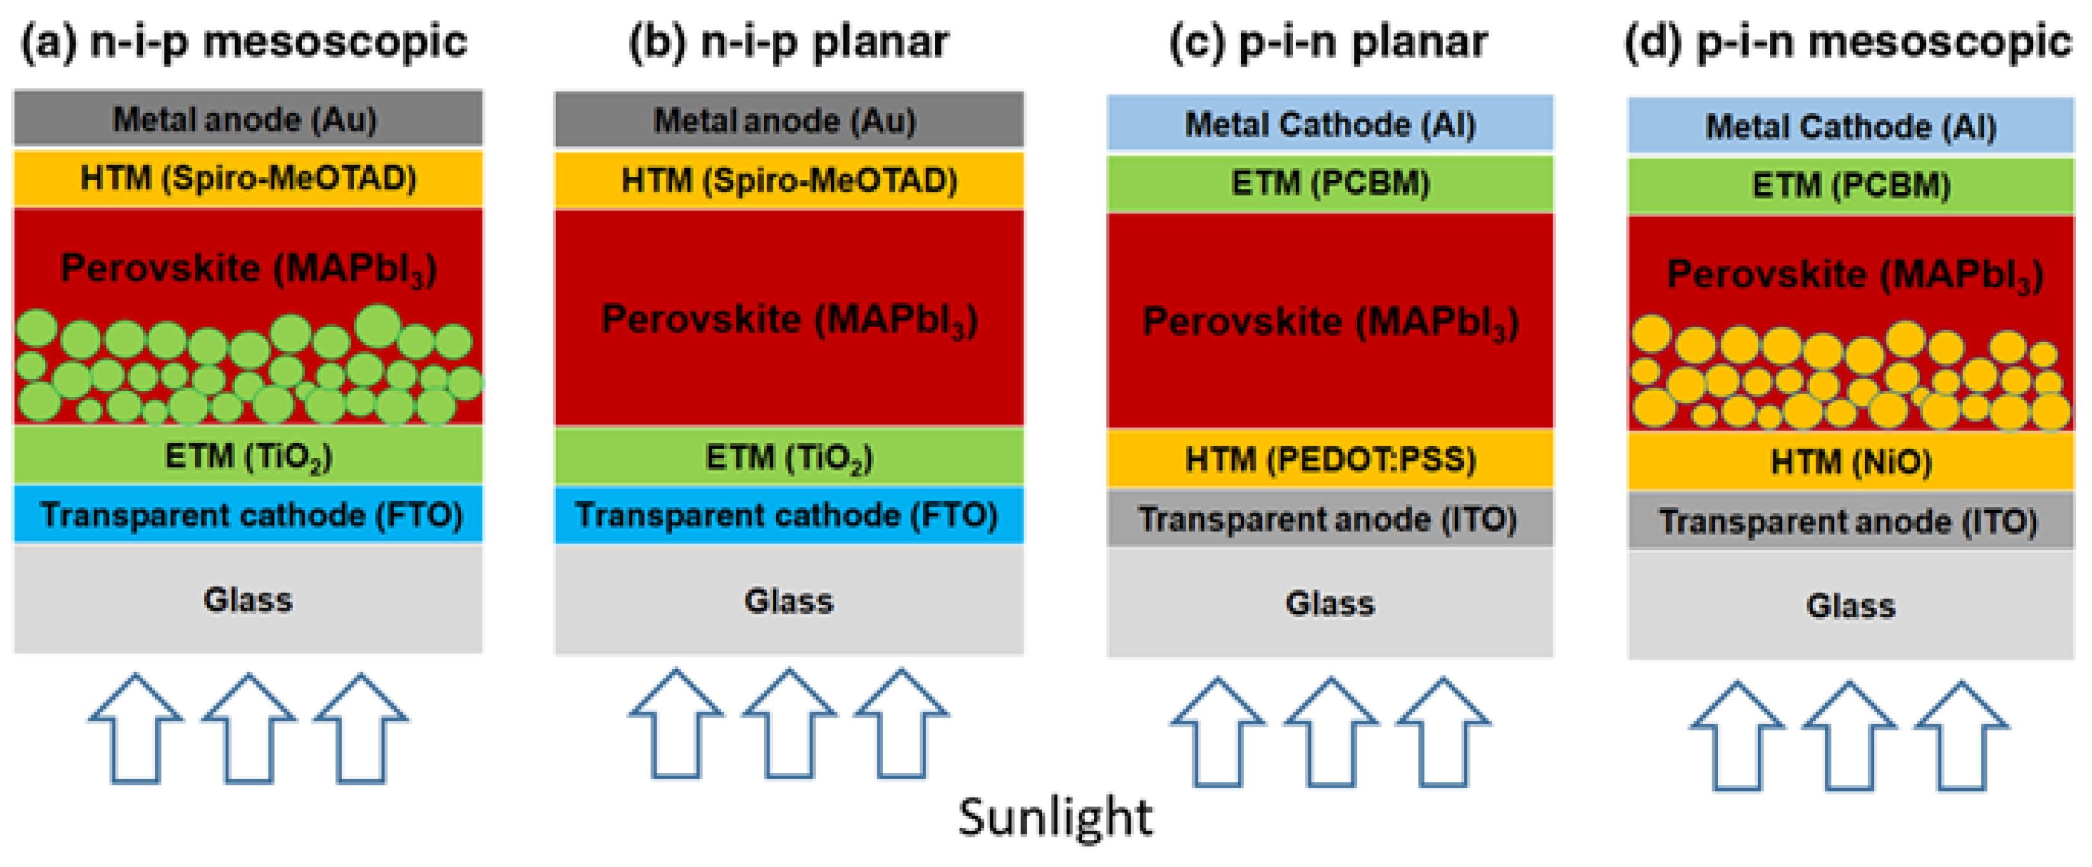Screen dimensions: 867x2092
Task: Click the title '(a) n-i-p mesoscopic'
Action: point(244,42)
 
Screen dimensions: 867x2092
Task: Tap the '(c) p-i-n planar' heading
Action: point(1329,42)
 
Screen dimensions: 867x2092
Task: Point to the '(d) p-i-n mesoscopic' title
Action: point(1848,42)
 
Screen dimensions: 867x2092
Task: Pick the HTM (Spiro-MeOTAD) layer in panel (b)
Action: point(789,180)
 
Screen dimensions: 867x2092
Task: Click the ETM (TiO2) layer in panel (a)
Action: point(248,456)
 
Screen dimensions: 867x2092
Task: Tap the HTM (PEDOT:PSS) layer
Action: point(1329,459)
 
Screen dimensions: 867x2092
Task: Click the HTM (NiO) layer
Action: point(1851,462)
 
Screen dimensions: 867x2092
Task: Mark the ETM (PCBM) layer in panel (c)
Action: point(1329,183)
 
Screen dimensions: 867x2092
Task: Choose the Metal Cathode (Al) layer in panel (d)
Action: point(1851,127)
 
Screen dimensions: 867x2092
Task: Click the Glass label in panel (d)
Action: point(1851,606)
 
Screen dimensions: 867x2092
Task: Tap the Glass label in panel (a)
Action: point(248,600)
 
